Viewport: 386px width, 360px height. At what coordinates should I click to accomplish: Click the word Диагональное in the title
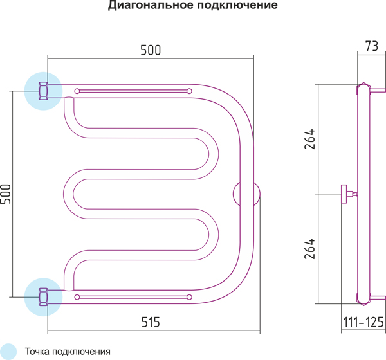coord(147,7)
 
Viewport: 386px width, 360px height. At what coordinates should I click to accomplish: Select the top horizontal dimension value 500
coord(150,50)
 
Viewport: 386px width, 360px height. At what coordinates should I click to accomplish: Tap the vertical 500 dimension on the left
coord(6,194)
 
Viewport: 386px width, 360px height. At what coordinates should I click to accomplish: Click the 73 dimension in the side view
coord(371,46)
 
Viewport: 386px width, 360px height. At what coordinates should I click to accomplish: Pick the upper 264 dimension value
coord(309,140)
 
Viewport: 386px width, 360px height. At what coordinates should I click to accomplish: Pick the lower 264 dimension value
coord(309,248)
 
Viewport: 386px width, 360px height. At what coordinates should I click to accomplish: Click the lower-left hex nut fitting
coord(44,297)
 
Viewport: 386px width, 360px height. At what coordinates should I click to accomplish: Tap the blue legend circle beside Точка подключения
coord(9,351)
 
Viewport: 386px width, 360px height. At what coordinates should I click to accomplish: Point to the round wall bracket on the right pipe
coord(247,194)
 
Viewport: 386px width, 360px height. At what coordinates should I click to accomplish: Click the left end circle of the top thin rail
coord(78,91)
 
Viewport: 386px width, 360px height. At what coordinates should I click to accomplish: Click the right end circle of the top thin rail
coord(189,91)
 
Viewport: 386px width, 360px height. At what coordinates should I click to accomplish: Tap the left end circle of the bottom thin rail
coord(78,297)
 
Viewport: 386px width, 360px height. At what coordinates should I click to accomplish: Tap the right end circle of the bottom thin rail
coord(189,297)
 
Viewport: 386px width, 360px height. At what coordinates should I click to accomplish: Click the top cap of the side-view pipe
coord(364,87)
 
